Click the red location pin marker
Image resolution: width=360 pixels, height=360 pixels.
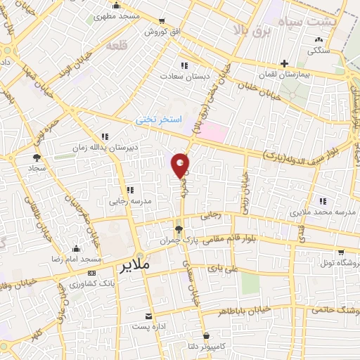point(181,165)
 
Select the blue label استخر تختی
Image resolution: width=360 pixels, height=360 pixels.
point(159,120)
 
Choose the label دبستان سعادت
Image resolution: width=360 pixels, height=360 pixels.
point(181,76)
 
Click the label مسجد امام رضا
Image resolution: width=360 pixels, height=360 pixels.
point(76,259)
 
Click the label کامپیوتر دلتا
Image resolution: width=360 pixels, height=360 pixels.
point(206,346)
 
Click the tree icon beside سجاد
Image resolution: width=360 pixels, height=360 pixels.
point(37,157)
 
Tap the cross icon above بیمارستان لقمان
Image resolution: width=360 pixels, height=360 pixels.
point(283,63)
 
